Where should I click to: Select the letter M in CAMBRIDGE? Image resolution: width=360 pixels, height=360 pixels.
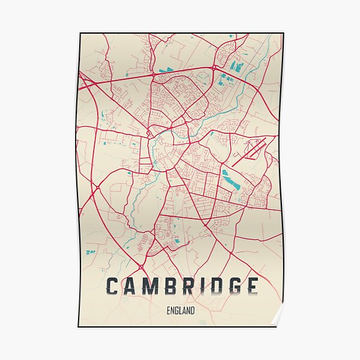[156, 286]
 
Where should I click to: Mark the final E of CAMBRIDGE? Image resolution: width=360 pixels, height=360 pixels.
[253, 286]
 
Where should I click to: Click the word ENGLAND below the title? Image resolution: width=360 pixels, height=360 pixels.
[181, 311]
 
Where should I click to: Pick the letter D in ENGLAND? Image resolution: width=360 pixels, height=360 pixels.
[193, 311]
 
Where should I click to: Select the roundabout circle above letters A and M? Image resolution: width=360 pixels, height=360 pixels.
[141, 266]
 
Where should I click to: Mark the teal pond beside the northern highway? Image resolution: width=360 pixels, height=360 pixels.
[166, 70]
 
